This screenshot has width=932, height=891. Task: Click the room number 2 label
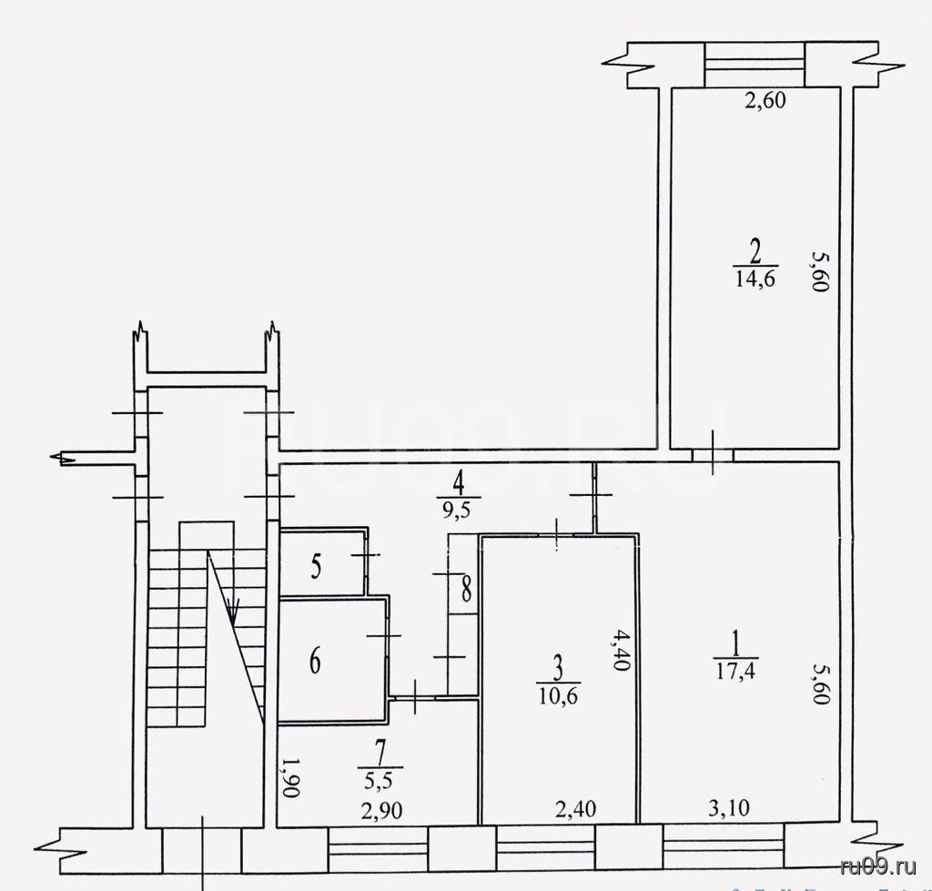pos(755,252)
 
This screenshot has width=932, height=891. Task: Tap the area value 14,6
pos(755,278)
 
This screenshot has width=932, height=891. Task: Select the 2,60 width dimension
pos(765,100)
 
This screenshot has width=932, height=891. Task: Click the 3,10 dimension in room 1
pos(729,808)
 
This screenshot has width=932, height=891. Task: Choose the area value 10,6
pos(559,695)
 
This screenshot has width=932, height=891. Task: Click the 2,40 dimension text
pos(576,809)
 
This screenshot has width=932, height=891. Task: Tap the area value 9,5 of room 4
pos(457,510)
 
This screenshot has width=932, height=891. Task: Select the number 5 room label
pos(316,566)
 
